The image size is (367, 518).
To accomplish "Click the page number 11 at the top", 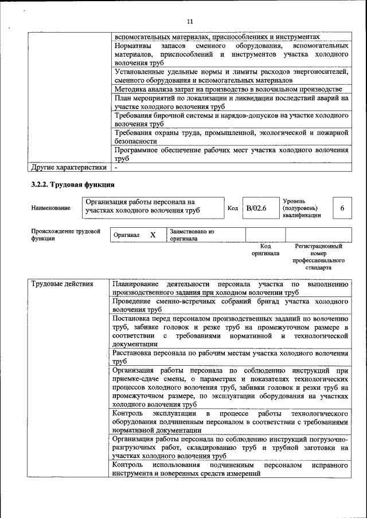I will tap(190, 21).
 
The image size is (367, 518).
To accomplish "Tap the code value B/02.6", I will tap(256, 208).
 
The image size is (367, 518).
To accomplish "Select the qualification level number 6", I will tap(342, 208).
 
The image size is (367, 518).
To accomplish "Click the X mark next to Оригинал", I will tap(153, 235).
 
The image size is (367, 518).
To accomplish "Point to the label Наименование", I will tap(52, 208).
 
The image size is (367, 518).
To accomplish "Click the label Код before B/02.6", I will tap(233, 208).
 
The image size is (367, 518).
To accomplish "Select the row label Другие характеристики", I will tap(69, 168).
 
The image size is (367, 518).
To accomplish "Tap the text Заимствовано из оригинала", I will tap(192, 235).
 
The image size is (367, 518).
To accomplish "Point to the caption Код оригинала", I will tap(265, 250).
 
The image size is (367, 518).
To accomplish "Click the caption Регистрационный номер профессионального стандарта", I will tap(318, 256).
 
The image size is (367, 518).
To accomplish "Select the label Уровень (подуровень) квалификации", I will tap(302, 208).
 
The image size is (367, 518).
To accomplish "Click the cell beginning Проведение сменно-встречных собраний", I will tap(231, 305).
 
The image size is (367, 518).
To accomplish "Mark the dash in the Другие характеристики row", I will tap(116, 168).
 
